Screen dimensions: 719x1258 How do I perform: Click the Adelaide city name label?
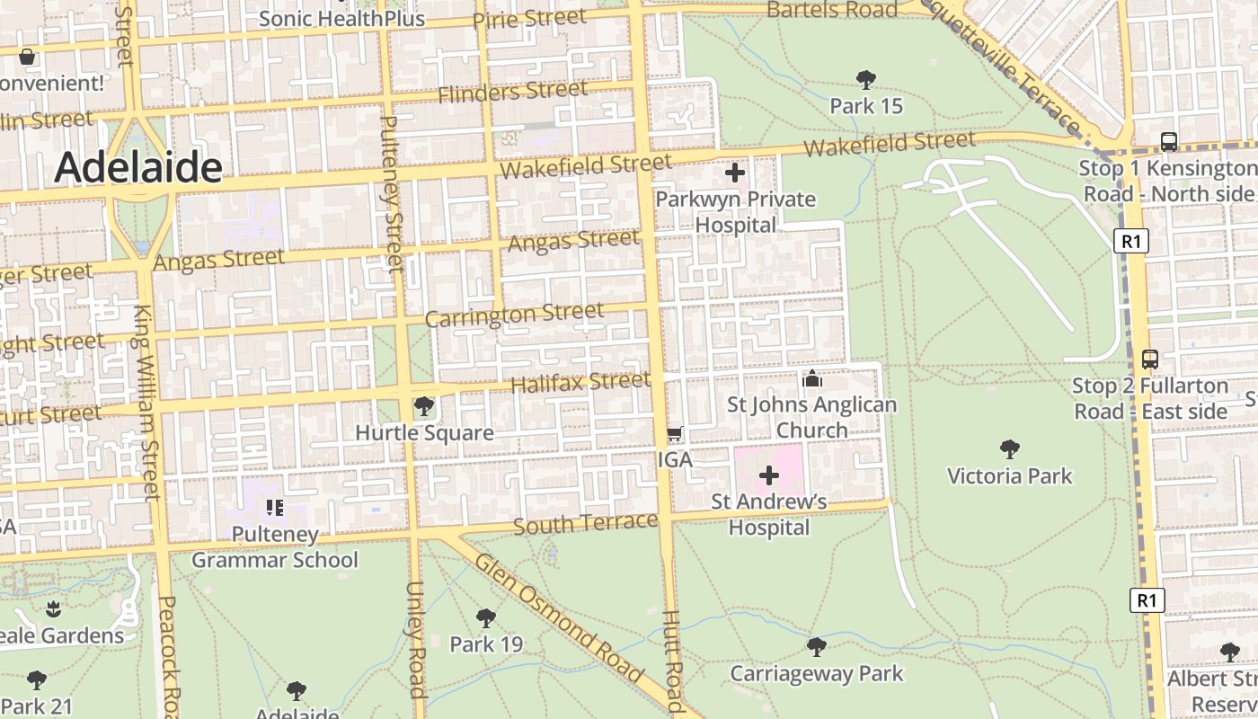138,167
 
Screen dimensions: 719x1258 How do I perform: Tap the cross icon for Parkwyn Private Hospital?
735,173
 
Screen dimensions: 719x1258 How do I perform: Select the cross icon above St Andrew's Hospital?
769,475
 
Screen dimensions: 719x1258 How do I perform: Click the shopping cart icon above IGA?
675,434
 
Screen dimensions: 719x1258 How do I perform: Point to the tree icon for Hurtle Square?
423,407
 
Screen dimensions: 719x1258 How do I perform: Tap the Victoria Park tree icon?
1009,448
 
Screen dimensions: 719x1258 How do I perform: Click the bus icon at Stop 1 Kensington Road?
1168,141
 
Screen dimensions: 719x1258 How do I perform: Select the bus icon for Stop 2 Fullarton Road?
1149,359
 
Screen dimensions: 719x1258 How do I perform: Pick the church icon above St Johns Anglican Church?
812,378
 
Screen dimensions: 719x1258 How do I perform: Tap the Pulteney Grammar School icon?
275,508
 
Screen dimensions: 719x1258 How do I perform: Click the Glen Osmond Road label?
559,619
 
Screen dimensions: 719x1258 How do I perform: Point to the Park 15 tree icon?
865,80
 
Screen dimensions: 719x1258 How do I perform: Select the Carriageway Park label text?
816,673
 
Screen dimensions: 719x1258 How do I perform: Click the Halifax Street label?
580,383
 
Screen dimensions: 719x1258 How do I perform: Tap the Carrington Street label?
514,315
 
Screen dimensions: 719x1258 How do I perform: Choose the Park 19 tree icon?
486,617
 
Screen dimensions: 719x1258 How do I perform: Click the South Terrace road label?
585,524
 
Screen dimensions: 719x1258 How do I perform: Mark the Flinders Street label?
512,91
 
